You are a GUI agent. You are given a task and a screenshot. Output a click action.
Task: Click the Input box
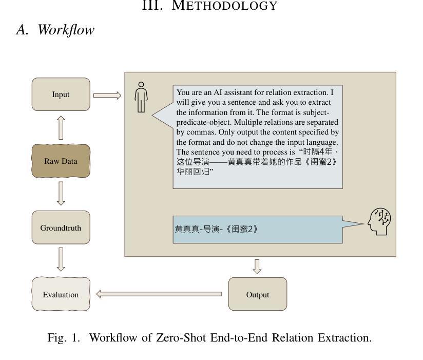61,94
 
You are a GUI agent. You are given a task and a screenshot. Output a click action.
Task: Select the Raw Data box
61,161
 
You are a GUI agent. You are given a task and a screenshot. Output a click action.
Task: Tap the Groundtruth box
61,228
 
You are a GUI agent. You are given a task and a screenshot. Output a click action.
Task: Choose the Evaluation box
61,294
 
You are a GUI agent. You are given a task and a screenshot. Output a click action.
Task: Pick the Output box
258,294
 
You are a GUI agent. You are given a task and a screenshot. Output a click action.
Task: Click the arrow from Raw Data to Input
61,128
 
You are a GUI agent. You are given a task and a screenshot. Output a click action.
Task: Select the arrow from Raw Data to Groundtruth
61,194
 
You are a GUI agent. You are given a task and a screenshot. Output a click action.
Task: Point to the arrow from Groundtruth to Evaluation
61,259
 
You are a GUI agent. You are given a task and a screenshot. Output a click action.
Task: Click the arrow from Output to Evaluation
159,294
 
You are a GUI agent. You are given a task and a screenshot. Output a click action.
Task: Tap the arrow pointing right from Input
107,96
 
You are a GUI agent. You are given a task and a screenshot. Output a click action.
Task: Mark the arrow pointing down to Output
257,267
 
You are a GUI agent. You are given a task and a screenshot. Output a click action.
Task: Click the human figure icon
141,97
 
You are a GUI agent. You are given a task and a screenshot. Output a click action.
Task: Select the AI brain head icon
379,221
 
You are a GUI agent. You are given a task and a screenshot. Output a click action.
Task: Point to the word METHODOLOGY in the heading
224,6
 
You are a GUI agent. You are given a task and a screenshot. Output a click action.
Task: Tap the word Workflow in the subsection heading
66,30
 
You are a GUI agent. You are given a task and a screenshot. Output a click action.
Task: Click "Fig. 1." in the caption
64,338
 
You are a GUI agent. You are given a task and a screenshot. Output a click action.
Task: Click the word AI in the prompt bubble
218,92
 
